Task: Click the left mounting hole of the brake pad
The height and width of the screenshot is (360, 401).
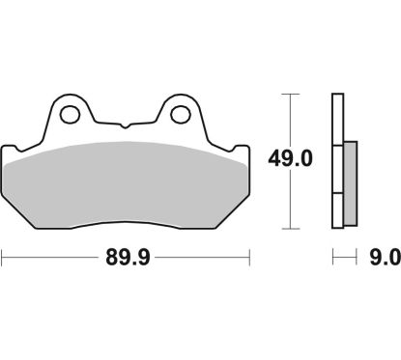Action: coord(70,115)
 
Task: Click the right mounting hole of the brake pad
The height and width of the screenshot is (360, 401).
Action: coord(178,115)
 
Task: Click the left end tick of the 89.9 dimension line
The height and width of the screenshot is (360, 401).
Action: coord(3,258)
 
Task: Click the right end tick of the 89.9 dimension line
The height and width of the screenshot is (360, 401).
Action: coord(249,258)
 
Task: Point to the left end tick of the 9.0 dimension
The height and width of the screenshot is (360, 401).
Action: coord(333,258)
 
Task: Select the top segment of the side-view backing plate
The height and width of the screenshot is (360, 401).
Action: coord(337,119)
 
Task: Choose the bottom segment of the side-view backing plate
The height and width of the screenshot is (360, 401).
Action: coord(337,210)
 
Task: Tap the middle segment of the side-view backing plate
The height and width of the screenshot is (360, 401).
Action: coord(337,168)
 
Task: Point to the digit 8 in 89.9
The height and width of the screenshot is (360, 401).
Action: coord(109,258)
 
